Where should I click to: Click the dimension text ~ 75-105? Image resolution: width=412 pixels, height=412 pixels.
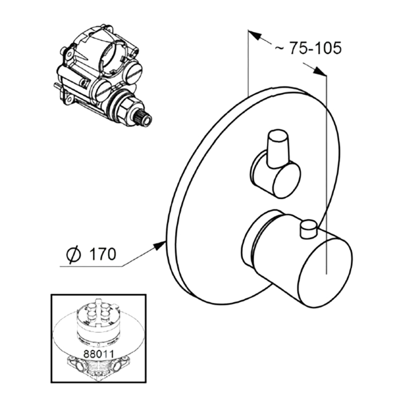[x=308, y=48]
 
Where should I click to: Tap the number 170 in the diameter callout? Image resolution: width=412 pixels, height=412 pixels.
[x=102, y=254]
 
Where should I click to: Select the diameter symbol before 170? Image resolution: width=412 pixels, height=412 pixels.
[x=74, y=254]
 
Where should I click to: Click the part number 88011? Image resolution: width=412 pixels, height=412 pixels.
[x=99, y=354]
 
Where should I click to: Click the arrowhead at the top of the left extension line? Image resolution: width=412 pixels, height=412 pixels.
[x=255, y=35]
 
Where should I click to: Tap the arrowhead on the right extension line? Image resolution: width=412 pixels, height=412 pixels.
[x=319, y=71]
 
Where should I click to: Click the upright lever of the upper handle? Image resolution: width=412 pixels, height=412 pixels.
[x=278, y=148]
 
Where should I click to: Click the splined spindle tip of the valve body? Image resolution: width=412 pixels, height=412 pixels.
[x=145, y=118]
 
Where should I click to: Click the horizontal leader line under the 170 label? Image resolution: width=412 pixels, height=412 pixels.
[x=91, y=267]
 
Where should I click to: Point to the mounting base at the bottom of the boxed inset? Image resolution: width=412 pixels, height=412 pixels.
[x=98, y=367]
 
